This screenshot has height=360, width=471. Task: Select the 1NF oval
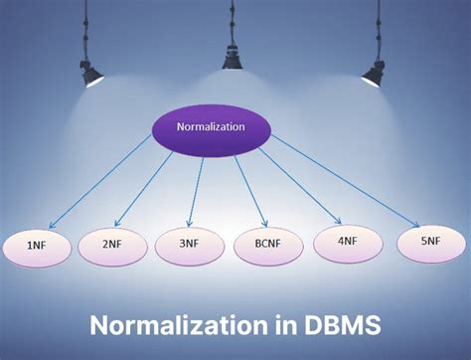[35, 246]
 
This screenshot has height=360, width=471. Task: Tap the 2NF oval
[112, 246]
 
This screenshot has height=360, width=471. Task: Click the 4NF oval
[347, 241]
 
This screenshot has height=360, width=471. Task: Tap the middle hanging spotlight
[232, 59]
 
